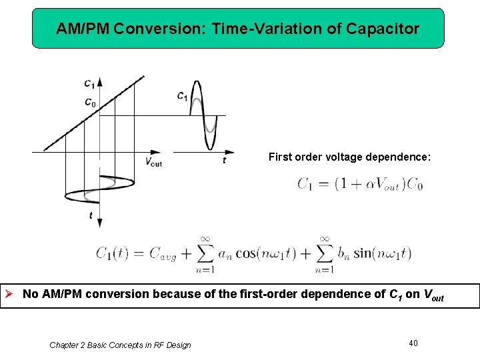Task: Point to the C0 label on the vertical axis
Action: tap(89, 102)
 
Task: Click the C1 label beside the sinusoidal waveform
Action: tap(181, 96)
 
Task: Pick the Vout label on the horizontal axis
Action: tap(153, 161)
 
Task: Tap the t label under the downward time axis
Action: tap(91, 215)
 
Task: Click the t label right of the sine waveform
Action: tap(224, 160)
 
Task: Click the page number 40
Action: tap(413, 343)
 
